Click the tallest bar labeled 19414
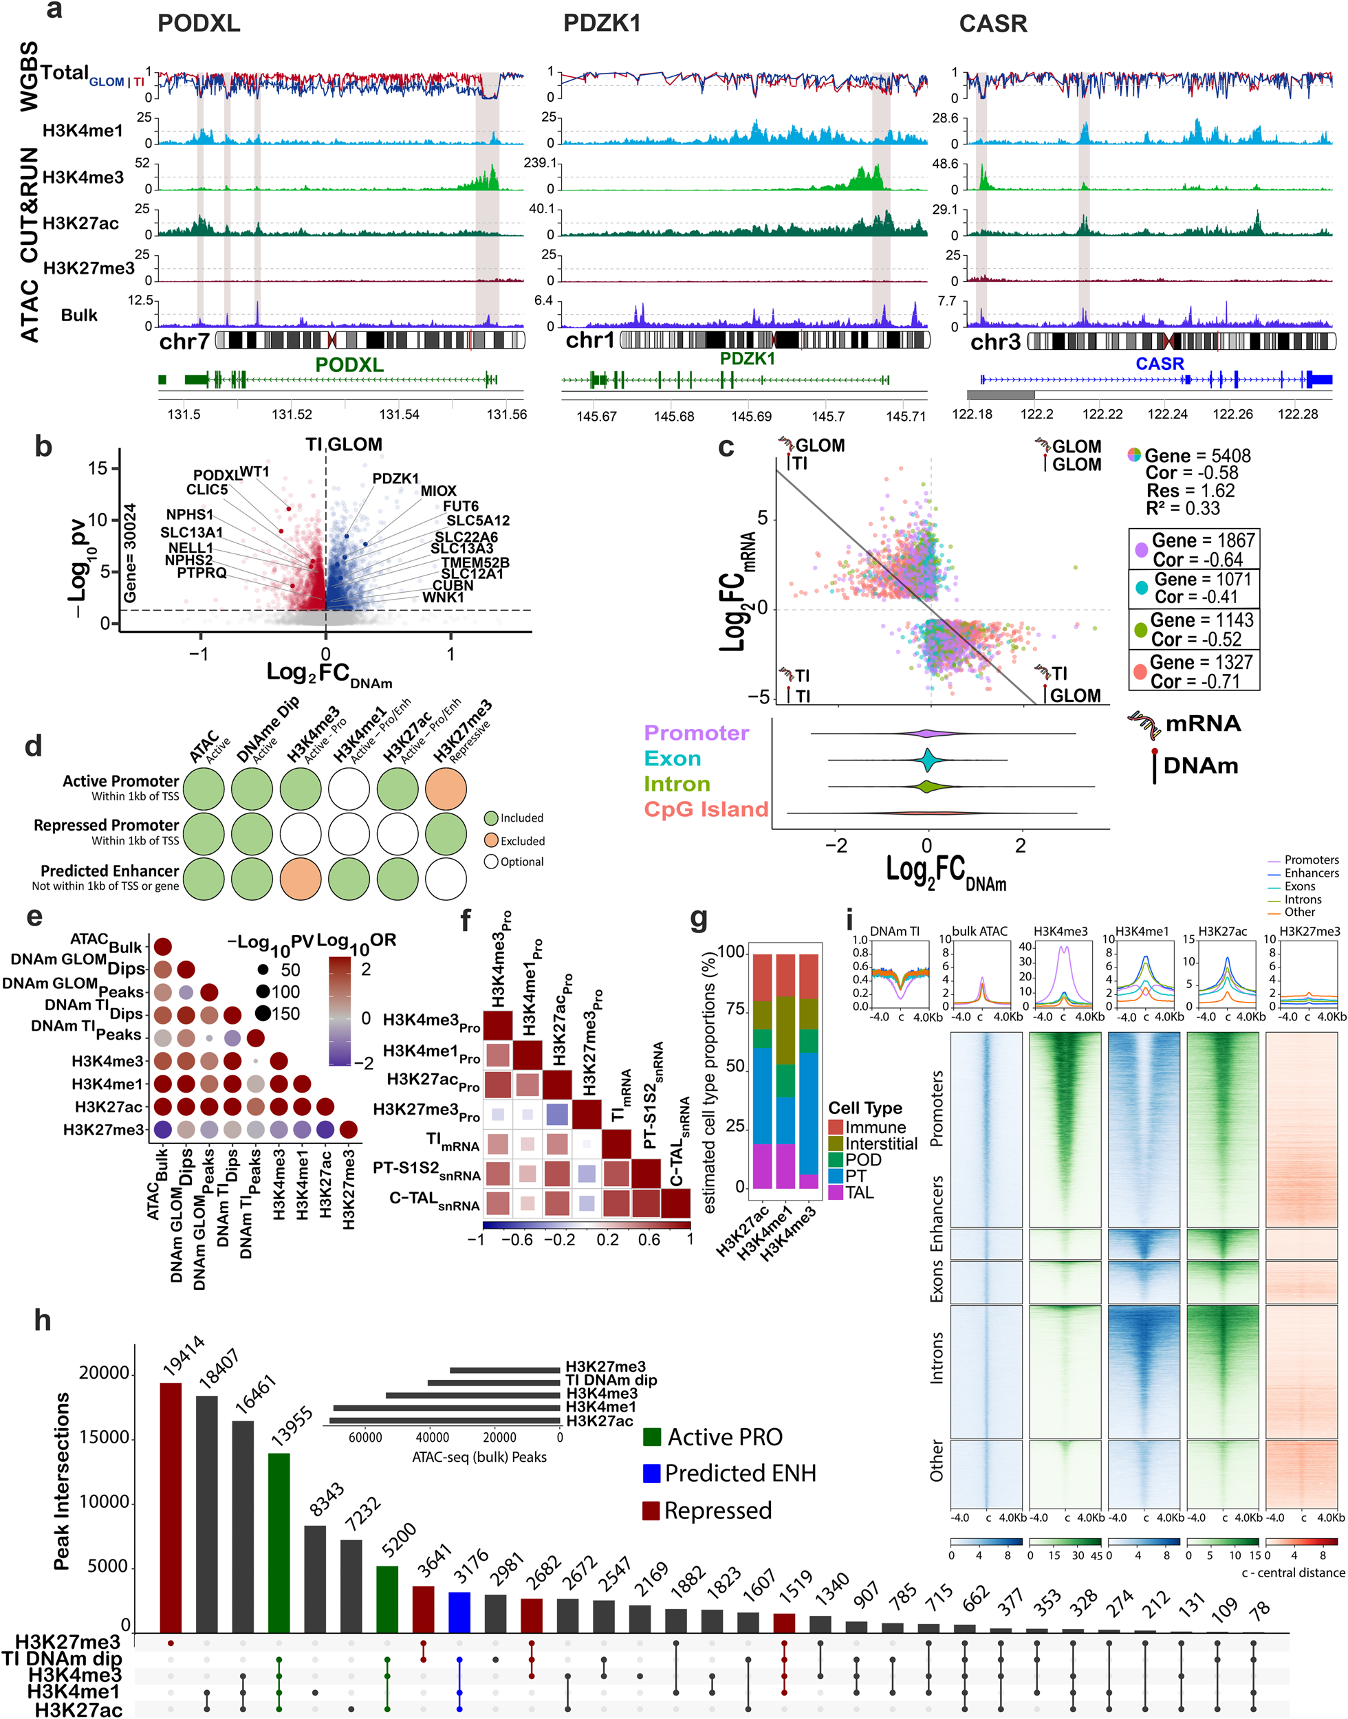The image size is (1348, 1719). (x=171, y=1507)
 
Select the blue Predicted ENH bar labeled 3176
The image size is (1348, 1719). (x=459, y=1612)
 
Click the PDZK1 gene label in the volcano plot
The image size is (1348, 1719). (x=395, y=478)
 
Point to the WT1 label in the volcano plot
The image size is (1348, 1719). (x=254, y=471)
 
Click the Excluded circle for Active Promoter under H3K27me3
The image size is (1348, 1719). (x=446, y=789)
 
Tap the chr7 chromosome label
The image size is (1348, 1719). (x=184, y=342)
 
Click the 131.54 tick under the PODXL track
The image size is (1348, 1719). (x=400, y=414)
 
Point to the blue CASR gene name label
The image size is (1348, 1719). (x=1160, y=364)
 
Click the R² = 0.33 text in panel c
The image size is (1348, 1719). (x=1182, y=508)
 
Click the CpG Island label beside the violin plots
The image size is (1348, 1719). (x=706, y=809)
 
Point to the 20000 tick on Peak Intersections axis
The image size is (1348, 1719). (x=103, y=1372)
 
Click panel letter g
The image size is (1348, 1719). (x=699, y=919)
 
